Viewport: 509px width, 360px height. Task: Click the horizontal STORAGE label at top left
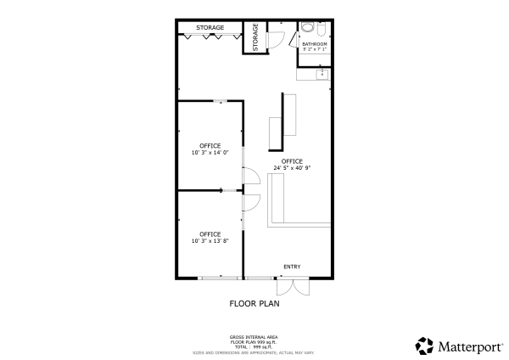coord(210,28)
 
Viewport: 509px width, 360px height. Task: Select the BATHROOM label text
coord(315,43)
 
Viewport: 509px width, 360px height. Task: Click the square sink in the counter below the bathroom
coord(322,75)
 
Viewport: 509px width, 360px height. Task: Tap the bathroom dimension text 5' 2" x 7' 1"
coord(315,49)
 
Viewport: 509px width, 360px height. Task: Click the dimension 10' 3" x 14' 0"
coord(210,154)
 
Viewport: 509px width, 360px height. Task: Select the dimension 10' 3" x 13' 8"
coord(210,241)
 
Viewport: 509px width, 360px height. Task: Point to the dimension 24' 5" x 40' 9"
coord(292,168)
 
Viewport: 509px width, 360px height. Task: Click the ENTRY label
coord(292,267)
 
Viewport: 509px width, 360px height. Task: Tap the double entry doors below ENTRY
coord(293,286)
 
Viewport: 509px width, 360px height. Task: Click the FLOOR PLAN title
coord(255,302)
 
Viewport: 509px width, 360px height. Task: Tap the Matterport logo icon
coord(424,346)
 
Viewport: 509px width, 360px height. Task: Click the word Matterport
coord(467,346)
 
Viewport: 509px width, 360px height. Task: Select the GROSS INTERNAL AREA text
coord(255,337)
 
